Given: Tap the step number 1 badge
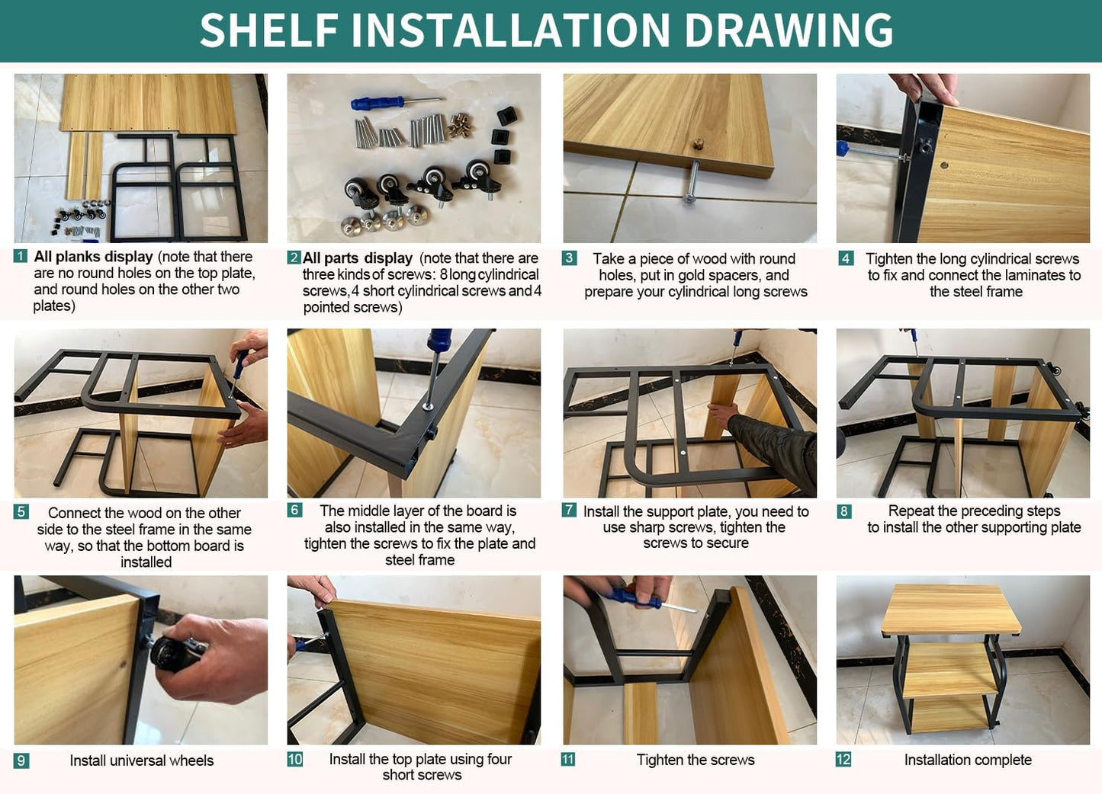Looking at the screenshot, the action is [20, 256].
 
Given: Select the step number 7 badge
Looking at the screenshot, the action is [569, 510].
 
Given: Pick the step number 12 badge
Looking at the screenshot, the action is [843, 760].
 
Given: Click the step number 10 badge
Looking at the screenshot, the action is [294, 759].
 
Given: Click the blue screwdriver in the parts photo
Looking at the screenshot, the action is [396, 103].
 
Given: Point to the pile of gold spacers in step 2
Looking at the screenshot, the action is [461, 125].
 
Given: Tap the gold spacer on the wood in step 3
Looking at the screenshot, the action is [698, 145].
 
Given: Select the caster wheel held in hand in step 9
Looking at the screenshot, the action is [176, 654].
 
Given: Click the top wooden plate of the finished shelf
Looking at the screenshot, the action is [950, 610].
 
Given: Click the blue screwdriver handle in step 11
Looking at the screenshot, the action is [634, 597].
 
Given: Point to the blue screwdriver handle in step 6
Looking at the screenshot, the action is [439, 340].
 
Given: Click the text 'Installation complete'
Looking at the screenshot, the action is [968, 760].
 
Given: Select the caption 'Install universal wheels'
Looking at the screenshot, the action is [142, 760].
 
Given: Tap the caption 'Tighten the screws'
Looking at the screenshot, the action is [696, 760].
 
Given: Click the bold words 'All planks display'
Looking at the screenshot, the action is [94, 257].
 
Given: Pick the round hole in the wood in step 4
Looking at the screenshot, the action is [944, 165].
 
